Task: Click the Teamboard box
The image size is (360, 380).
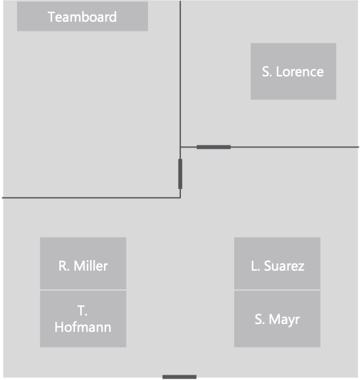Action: click(82, 16)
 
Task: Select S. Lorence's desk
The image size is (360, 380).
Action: click(293, 71)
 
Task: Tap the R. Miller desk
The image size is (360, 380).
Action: click(83, 263)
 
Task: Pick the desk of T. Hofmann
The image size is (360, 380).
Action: click(83, 319)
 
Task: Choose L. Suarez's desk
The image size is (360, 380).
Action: click(277, 263)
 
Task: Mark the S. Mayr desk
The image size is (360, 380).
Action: click(277, 319)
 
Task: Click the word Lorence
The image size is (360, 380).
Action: click(299, 72)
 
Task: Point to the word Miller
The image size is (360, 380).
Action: click(91, 266)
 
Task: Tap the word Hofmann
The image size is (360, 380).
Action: click(83, 327)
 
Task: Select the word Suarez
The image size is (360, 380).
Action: click(284, 266)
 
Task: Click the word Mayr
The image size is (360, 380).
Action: click(284, 320)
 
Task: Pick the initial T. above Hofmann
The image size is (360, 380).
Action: click(82, 311)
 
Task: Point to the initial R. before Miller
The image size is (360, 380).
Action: click(64, 266)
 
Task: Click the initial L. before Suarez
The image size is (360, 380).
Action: click(255, 266)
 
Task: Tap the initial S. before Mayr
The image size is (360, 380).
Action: click(259, 319)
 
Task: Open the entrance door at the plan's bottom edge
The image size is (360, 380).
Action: click(180, 377)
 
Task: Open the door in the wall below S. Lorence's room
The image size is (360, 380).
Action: click(214, 147)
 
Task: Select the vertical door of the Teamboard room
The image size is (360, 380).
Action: click(180, 174)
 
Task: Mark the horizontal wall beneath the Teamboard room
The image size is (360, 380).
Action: click(91, 198)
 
